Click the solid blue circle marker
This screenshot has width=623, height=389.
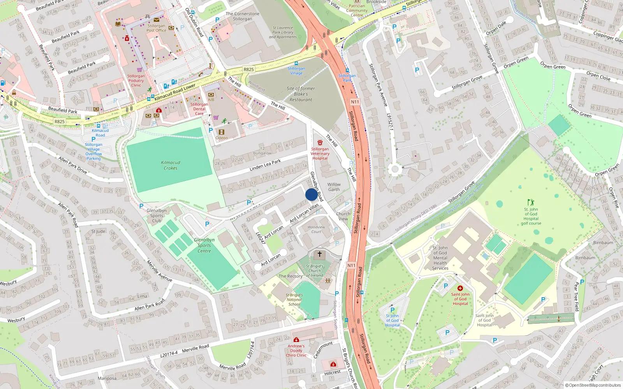[x=311, y=194]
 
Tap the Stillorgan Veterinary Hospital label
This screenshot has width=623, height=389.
[x=320, y=153]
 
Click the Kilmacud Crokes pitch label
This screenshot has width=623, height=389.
[x=171, y=165]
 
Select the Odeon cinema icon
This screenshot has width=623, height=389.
[x=222, y=132]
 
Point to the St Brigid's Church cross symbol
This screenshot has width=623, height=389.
[x=320, y=254]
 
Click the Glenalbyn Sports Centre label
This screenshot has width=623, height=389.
[x=204, y=245]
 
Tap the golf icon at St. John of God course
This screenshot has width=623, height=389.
[x=531, y=202]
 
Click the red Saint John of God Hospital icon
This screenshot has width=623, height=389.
[x=460, y=288]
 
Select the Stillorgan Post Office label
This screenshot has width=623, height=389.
[x=156, y=28]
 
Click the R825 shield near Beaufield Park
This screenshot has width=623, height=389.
[x=60, y=121]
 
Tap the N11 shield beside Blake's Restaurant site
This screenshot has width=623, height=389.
[x=355, y=102]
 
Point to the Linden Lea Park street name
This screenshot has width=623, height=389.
[x=265, y=165]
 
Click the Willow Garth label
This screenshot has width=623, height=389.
[x=334, y=187]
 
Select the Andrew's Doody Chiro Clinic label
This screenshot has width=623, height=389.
[x=296, y=350]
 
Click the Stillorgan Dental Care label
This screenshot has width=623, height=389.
[x=199, y=109]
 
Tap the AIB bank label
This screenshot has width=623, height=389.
[x=211, y=100]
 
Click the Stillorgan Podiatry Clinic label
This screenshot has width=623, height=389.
[x=136, y=81]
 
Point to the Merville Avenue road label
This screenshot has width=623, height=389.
[x=159, y=271]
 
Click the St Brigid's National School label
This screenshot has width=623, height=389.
[x=294, y=300]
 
